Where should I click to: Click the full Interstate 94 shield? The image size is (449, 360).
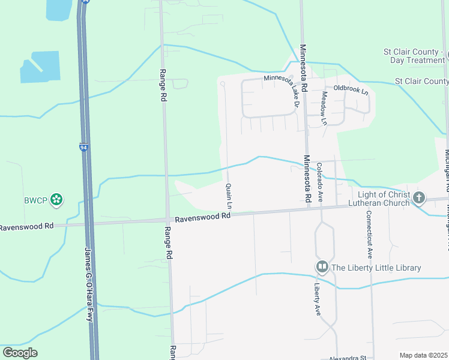coord(83,146)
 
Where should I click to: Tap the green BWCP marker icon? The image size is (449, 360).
coord(56,199)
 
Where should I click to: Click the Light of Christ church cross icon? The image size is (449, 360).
coord(419,197)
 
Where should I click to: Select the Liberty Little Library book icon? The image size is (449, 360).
coord(322,266)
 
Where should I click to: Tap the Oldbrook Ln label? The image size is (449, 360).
coord(351,88)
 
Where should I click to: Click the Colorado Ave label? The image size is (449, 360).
coord(321,182)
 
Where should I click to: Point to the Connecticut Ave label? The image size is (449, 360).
coord(369,235)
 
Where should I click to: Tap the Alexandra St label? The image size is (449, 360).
coord(348,357)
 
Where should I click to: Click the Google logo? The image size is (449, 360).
coord(20,353)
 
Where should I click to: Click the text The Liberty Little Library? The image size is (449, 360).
coord(375,268)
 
